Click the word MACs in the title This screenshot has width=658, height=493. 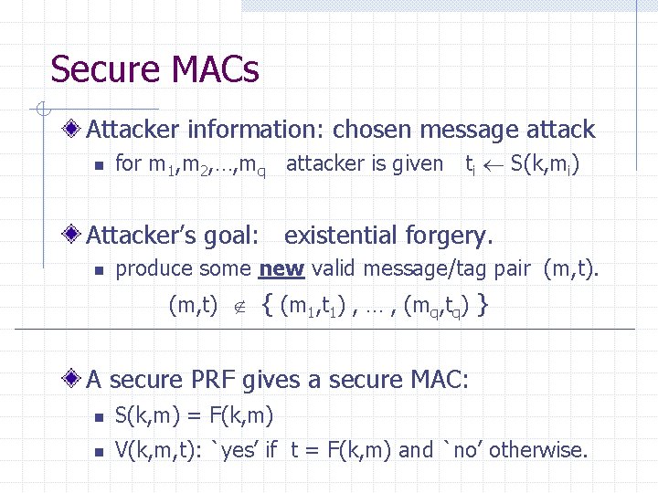click(213, 69)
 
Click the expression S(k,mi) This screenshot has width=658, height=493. click(545, 164)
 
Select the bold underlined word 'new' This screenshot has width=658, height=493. click(282, 268)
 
